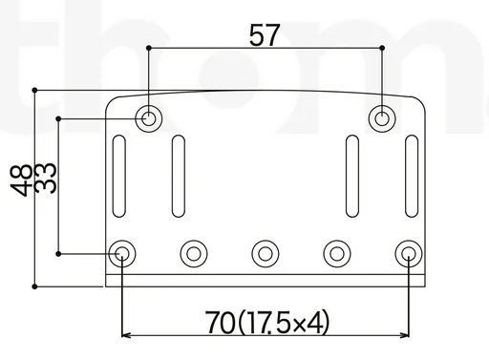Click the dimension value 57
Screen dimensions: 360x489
[x=265, y=35]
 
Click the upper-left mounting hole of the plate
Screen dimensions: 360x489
[x=149, y=118]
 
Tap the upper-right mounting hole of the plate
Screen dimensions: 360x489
[x=382, y=118]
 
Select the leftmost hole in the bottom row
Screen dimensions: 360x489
[x=122, y=253]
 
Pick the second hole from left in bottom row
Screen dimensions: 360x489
[x=194, y=253]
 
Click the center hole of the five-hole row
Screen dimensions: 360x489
[x=265, y=253]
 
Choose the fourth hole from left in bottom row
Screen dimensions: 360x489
[x=336, y=253]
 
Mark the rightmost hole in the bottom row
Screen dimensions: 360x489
[x=408, y=253]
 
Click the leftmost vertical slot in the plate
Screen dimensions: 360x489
[x=119, y=177]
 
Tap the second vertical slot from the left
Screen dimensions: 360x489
[x=178, y=177]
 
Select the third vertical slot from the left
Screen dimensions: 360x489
[x=352, y=177]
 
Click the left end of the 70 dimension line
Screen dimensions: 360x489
[x=123, y=335]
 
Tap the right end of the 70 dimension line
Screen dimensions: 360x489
[x=408, y=335]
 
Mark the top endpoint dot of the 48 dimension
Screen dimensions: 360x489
[x=34, y=91]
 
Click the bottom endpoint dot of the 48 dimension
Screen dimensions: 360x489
[x=34, y=285]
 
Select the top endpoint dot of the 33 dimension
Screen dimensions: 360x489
[x=58, y=118]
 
